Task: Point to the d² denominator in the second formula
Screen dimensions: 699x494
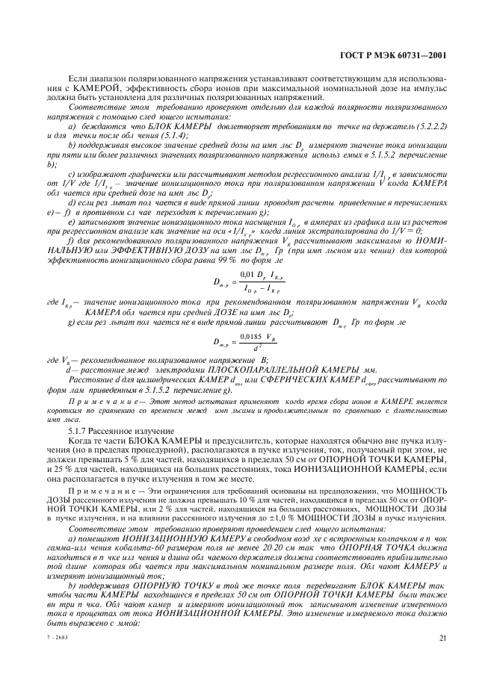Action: pos(254,349)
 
